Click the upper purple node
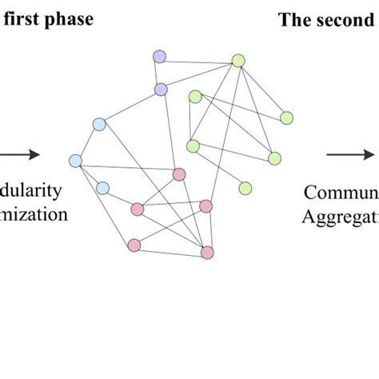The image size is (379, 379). point(159,56)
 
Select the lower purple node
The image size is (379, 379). point(160,89)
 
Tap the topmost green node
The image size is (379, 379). point(237,60)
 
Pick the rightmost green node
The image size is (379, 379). point(286,118)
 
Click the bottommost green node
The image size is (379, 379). point(245,188)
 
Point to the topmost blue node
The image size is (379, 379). point(99,124)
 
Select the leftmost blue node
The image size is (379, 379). point(76,161)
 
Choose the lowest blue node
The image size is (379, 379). point(102,188)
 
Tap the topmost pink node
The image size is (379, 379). point(179,174)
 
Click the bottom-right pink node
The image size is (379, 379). point(207,253)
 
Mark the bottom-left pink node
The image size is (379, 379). point(134,245)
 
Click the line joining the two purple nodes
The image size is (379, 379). point(160,73)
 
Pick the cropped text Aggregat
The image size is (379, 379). point(339,214)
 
